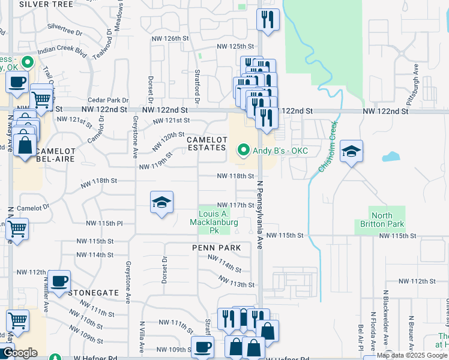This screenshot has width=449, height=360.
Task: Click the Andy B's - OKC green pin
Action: pos(243,150)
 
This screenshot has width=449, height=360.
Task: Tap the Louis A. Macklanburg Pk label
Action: pos(214,218)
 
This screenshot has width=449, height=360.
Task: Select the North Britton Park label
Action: pos(387,220)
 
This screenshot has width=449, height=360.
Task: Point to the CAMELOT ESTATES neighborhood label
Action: pos(208,144)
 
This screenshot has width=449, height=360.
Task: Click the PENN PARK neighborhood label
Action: pos(216,248)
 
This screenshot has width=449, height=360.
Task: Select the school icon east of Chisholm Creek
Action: pos(351,151)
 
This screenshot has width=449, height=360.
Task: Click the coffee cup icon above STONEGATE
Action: pos(59,281)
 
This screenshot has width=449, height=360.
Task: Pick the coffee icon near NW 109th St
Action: pos(202,346)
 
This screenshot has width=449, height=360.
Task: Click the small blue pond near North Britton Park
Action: pos(391,157)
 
